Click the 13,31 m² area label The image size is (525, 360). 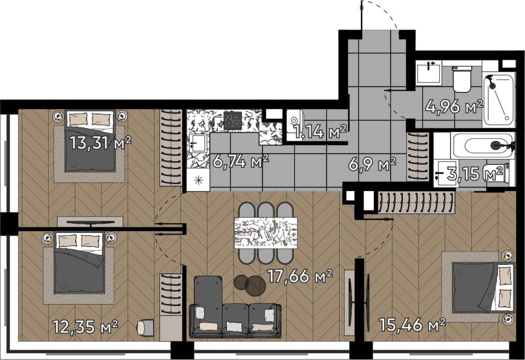101,143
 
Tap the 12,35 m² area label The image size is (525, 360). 85,326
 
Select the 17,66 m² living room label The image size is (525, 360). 300,276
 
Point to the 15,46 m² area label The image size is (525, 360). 412,325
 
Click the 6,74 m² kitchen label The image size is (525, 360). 241,161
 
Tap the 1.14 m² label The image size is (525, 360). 320,131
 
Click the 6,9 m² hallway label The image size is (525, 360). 372,164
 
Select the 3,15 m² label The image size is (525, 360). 475,173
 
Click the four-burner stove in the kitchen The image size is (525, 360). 233,121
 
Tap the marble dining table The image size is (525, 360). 266,233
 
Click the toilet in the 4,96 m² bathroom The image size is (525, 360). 462,79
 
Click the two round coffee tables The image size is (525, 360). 250,285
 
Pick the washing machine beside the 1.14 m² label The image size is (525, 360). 295,125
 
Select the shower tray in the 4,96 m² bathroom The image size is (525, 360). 499,100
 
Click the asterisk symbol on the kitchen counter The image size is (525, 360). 199,180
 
